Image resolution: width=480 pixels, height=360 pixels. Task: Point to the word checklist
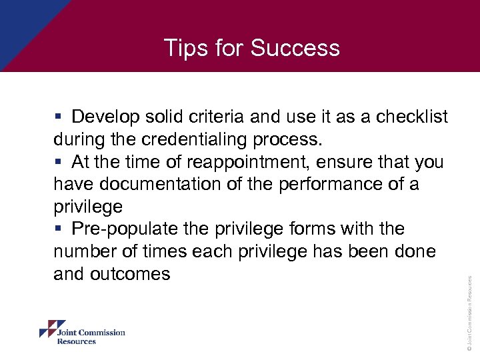point(412,117)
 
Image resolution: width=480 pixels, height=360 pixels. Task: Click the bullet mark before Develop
point(59,117)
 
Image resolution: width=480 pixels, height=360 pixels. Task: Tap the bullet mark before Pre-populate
point(59,229)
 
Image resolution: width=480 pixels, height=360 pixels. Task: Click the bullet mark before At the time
point(59,163)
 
